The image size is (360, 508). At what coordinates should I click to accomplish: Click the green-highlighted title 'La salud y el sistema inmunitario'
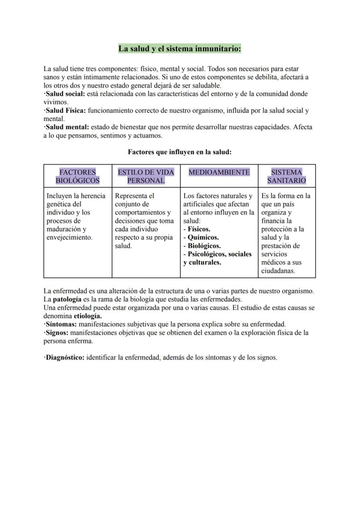[x=180, y=49]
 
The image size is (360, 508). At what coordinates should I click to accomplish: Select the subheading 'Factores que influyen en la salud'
[x=180, y=152]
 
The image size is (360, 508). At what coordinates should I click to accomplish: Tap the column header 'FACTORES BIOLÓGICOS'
[x=78, y=176]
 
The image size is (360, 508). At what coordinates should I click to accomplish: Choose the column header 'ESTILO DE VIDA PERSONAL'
[x=146, y=176]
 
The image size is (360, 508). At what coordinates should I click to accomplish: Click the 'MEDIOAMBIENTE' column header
[x=219, y=172]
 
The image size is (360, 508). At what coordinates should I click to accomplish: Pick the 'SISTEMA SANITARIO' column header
[x=287, y=176]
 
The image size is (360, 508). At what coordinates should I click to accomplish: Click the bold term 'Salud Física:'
[x=66, y=110]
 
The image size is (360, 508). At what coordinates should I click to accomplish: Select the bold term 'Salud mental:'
[x=67, y=127]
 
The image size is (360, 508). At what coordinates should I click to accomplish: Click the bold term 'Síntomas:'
[x=61, y=324]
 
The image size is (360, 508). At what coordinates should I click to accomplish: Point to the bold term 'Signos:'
[x=57, y=333]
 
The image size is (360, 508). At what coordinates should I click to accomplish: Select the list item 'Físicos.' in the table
[x=199, y=229]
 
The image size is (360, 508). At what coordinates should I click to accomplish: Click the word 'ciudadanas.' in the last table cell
[x=278, y=271]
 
